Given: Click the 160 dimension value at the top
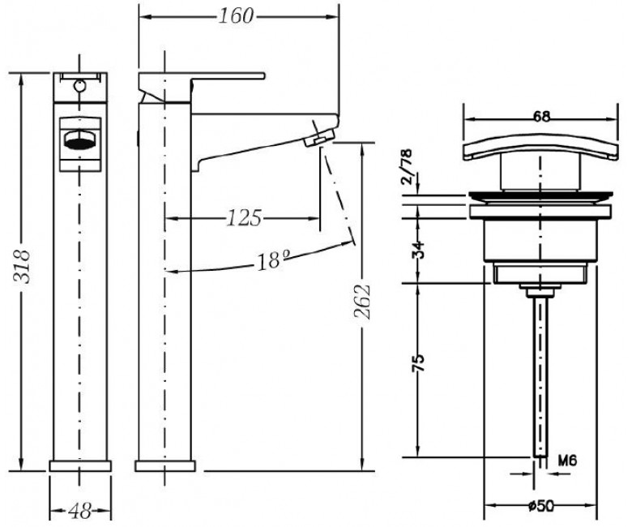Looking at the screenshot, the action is [236, 16].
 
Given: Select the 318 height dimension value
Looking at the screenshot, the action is [22, 267].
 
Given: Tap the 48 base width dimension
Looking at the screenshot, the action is [80, 512].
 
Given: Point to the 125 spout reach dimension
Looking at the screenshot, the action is [244, 218].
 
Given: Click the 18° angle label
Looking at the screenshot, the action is [274, 260].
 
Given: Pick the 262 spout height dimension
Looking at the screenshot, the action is [362, 302].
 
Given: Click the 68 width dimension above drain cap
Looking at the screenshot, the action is [542, 117].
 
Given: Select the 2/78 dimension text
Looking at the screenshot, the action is [407, 166].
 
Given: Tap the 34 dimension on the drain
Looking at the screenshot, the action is [419, 250].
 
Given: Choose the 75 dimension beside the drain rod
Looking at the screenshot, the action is [419, 363].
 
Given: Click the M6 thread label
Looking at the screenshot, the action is [567, 460].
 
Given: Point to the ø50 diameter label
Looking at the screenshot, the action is [540, 506].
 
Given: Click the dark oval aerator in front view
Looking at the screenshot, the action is [80, 144].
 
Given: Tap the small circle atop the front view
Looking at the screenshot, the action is [80, 85].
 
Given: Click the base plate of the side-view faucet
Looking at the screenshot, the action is [164, 465].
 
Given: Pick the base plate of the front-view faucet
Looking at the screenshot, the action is [80, 465].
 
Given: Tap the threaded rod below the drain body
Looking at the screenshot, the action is [540, 375].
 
